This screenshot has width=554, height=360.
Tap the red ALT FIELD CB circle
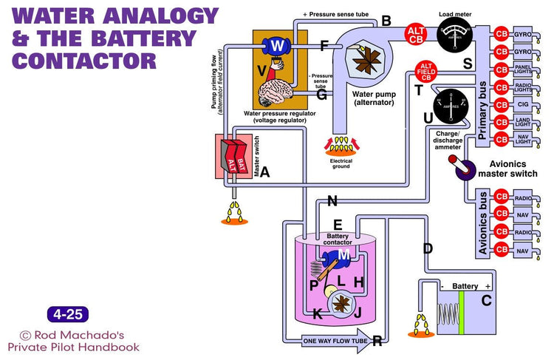click(x=425, y=72)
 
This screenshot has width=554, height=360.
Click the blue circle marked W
click(x=277, y=46)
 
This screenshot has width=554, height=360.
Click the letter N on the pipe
click(x=332, y=201)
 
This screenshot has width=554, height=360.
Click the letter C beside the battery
click(x=486, y=300)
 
